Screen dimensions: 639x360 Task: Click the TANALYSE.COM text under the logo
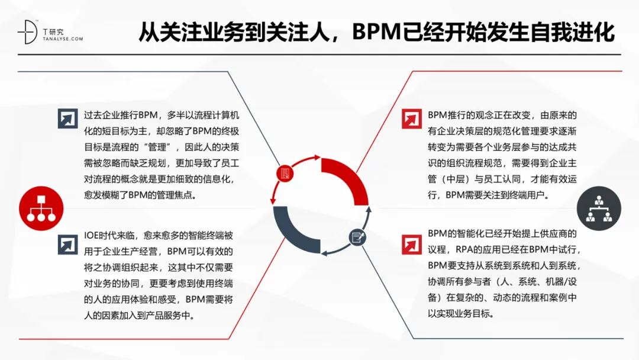pos(63,38)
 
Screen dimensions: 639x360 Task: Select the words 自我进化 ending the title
pos(567,31)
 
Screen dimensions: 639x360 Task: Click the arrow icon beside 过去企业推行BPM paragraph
pos(67,118)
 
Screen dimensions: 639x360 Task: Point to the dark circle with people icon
pos(599,208)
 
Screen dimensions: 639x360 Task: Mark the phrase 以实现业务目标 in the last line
pos(460,314)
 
